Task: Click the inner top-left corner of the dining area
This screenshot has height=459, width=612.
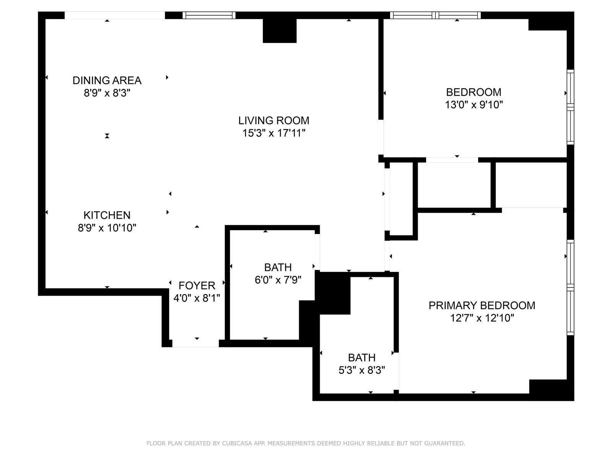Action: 46,19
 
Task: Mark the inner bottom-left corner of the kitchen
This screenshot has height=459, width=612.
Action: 46,288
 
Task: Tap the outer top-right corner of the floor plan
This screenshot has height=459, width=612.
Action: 574,12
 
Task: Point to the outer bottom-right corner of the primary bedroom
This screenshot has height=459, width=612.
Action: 574,401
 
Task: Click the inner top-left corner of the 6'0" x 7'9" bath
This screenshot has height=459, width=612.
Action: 230,230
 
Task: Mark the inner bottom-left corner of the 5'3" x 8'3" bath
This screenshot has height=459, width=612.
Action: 320,394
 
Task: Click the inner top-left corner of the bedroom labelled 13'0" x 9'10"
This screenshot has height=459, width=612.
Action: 384,19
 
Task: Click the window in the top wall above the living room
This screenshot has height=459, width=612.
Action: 209,15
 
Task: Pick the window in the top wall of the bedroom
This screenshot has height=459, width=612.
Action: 435,15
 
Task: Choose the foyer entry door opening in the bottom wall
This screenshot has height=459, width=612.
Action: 195,343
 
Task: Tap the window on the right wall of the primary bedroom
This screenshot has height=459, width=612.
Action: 570,288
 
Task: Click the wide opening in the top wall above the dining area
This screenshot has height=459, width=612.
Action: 115,15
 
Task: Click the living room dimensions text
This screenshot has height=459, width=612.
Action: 273,133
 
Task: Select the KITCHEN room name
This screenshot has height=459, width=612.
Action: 107,215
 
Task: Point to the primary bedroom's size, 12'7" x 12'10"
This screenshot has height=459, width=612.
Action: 482,318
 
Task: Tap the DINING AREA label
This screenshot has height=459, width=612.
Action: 107,80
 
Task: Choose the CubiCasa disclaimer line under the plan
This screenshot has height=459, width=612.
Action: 306,443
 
